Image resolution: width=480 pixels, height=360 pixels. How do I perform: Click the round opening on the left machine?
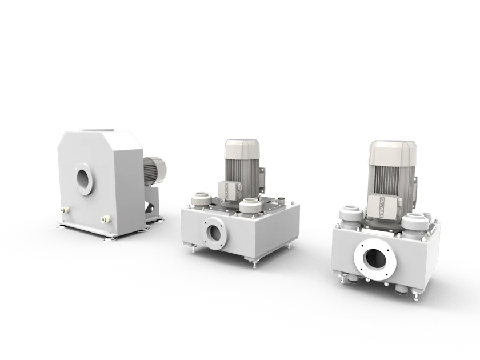coord(84,179)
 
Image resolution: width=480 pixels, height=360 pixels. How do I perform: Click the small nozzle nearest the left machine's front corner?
coord(106,218)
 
